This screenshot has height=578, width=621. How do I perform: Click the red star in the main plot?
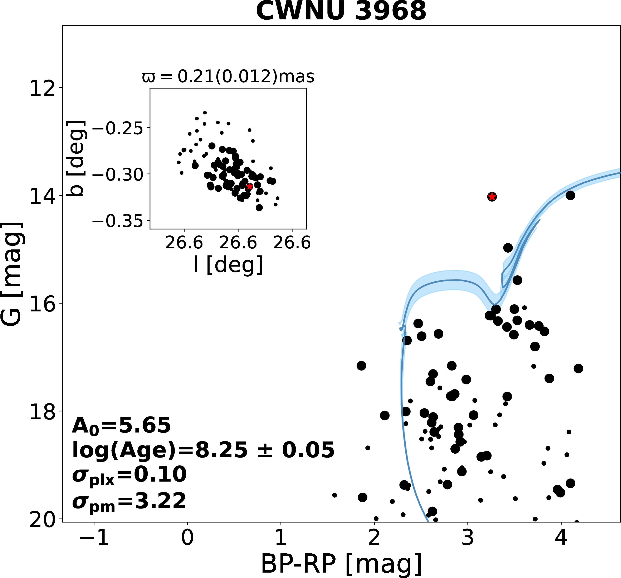[x=492, y=197]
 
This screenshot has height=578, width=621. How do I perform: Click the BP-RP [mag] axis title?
[x=341, y=564]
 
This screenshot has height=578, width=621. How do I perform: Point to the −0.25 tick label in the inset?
[x=117, y=128]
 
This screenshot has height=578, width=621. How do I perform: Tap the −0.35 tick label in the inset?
[x=117, y=221]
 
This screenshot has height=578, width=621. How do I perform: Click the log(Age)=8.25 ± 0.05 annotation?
[x=203, y=450]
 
